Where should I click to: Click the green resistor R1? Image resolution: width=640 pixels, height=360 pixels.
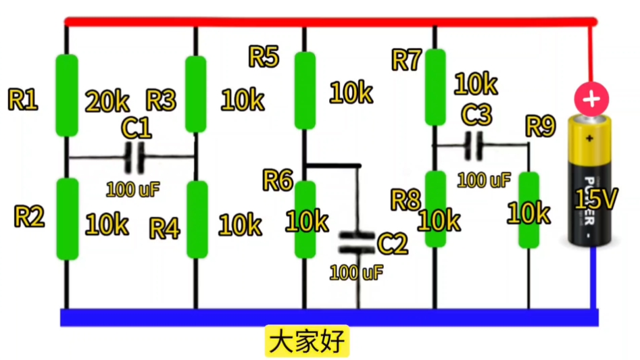click(66, 95)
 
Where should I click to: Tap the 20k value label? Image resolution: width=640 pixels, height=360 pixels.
click(107, 102)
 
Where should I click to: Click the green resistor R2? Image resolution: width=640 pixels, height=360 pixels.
click(67, 219)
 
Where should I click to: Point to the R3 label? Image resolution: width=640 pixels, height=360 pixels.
click(161, 101)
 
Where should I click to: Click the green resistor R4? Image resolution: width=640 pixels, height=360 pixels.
click(197, 220)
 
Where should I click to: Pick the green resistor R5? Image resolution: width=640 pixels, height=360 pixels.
click(305, 90)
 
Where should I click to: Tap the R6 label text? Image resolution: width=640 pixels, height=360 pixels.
click(278, 181)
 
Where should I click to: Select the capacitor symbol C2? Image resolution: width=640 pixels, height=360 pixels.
click(356, 242)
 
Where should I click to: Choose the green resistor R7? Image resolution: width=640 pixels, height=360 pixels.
click(435, 87)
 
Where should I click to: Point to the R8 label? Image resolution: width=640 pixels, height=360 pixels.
click(405, 199)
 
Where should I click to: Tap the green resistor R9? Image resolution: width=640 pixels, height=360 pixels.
click(528, 210)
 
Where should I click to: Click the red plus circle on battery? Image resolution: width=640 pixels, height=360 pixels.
click(591, 99)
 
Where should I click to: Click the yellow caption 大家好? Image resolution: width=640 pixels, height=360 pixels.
click(307, 342)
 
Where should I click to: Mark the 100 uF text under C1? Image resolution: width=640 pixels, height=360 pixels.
click(132, 189)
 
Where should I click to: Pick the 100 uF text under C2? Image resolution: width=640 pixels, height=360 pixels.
click(356, 273)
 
